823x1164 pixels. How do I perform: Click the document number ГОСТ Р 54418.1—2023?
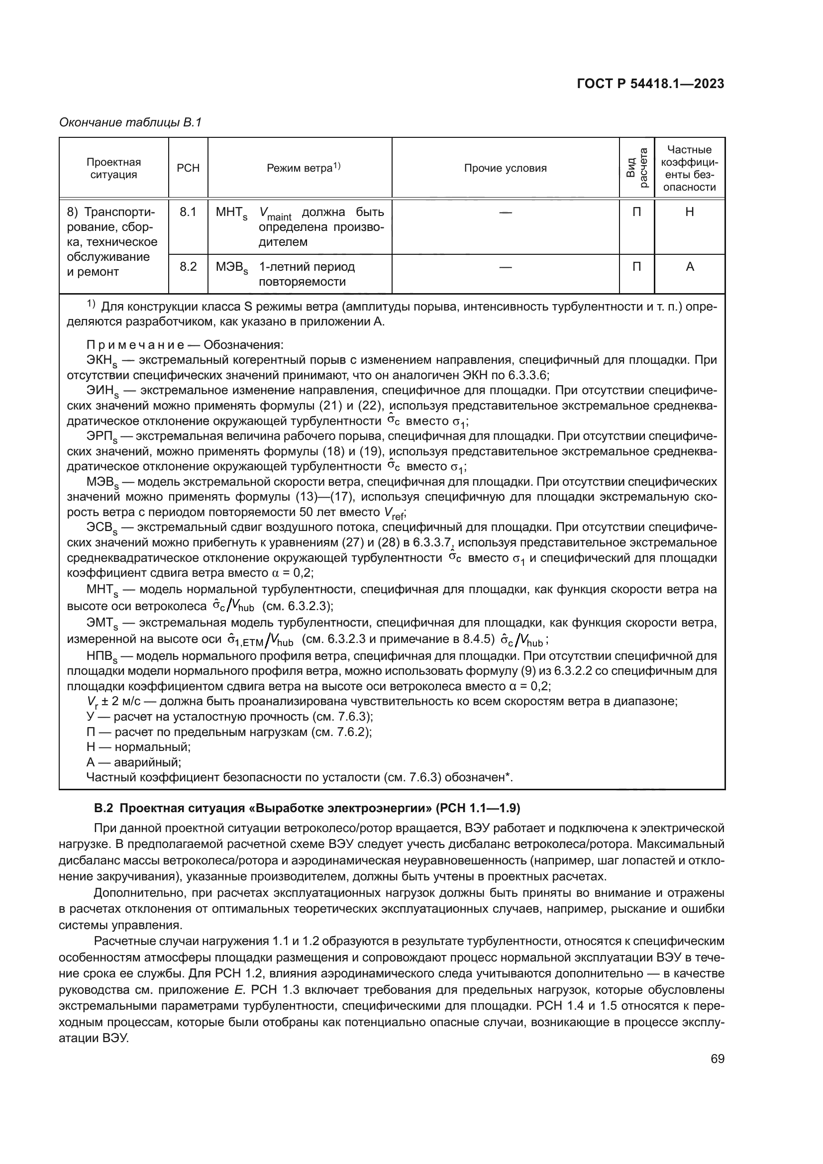coord(650,84)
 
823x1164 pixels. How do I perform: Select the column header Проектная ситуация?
coord(113,168)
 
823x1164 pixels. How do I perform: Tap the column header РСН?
coord(188,168)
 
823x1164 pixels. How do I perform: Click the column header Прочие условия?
coord(505,168)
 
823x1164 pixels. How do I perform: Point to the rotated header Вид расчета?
coord(637,168)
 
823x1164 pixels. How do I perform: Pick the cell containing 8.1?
coord(188,212)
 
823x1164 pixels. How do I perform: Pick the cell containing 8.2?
coord(188,267)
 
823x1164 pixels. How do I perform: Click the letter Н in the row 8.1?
coord(689,212)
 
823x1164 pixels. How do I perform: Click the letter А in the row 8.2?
coord(689,267)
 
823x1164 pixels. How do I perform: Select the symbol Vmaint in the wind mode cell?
coord(275,213)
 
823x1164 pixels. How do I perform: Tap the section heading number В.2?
coord(103,808)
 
